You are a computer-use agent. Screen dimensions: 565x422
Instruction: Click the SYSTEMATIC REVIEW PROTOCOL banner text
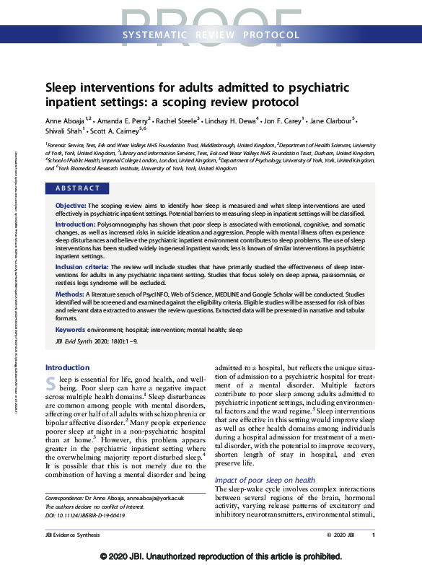click(x=211, y=35)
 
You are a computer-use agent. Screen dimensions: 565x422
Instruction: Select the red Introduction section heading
click(x=68, y=367)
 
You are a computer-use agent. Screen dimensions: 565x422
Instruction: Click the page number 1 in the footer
click(x=373, y=535)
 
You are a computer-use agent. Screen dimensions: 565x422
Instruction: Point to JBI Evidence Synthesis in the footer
click(x=71, y=535)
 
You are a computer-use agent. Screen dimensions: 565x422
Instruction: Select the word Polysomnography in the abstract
click(x=122, y=225)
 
